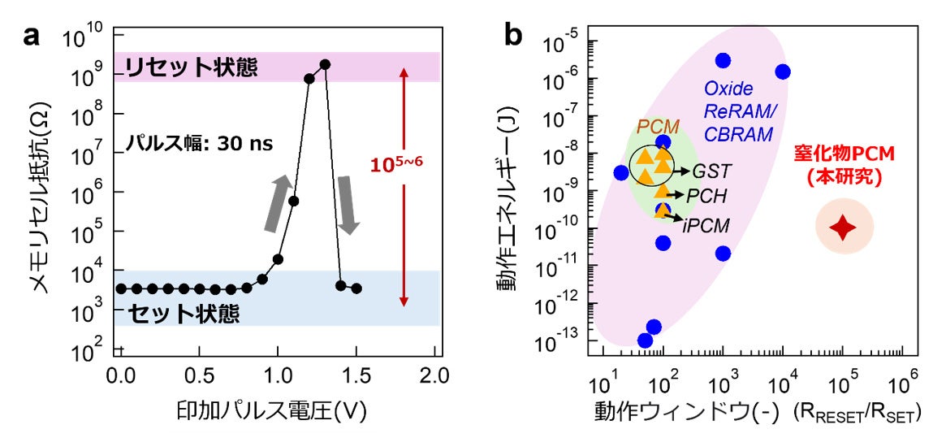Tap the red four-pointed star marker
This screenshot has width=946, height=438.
click(x=844, y=229)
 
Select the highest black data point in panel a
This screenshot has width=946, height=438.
click(x=325, y=64)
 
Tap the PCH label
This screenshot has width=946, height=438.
click(x=707, y=196)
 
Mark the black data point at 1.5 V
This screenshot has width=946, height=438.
click(x=356, y=288)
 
